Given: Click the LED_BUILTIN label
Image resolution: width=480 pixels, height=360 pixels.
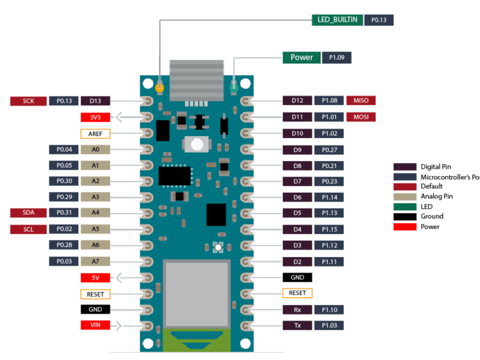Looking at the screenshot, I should pyautogui.click(x=337, y=20).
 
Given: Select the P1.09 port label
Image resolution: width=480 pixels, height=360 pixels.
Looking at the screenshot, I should pyautogui.click(x=337, y=58).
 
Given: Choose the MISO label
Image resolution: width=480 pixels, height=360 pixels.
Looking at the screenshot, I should pyautogui.click(x=361, y=101).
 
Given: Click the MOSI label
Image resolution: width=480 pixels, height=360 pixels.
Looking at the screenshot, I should pyautogui.click(x=361, y=117).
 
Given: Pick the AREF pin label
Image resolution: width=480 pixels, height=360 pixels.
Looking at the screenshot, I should pyautogui.click(x=95, y=133).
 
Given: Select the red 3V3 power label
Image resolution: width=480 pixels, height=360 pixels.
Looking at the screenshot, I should pyautogui.click(x=95, y=117).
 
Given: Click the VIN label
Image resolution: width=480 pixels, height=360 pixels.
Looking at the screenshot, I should pyautogui.click(x=95, y=325).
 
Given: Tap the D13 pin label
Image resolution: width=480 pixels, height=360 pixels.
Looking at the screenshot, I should pyautogui.click(x=95, y=101).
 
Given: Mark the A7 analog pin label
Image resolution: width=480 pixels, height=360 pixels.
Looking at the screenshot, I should pyautogui.click(x=95, y=261).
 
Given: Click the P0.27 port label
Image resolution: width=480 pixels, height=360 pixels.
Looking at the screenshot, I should pyautogui.click(x=329, y=150).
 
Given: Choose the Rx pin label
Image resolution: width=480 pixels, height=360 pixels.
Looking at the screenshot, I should pyautogui.click(x=297, y=310).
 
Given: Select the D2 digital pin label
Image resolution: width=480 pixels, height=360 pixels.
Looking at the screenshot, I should pyautogui.click(x=297, y=262).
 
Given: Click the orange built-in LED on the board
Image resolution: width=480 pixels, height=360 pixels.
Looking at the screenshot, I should pyautogui.click(x=159, y=86).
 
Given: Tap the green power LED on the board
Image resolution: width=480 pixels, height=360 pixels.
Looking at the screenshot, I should pyautogui.click(x=234, y=86).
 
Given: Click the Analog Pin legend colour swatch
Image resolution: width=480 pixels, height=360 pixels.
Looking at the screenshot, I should pyautogui.click(x=405, y=197).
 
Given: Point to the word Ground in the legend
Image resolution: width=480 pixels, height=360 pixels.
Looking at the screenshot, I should pyautogui.click(x=432, y=217).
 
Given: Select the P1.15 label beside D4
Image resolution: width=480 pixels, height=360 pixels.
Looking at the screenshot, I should pyautogui.click(x=329, y=230).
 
